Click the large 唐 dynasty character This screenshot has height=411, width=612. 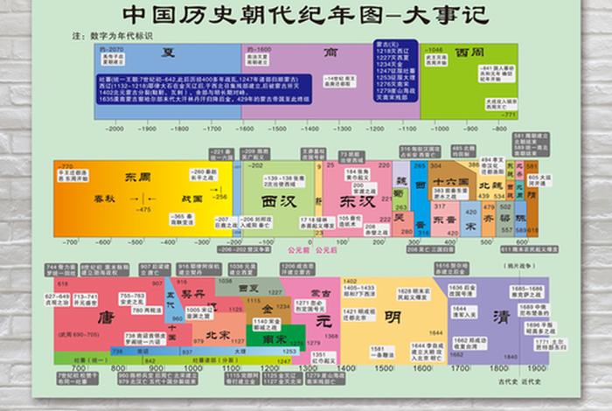click(108, 316)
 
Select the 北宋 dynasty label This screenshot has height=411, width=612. click(216, 334)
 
